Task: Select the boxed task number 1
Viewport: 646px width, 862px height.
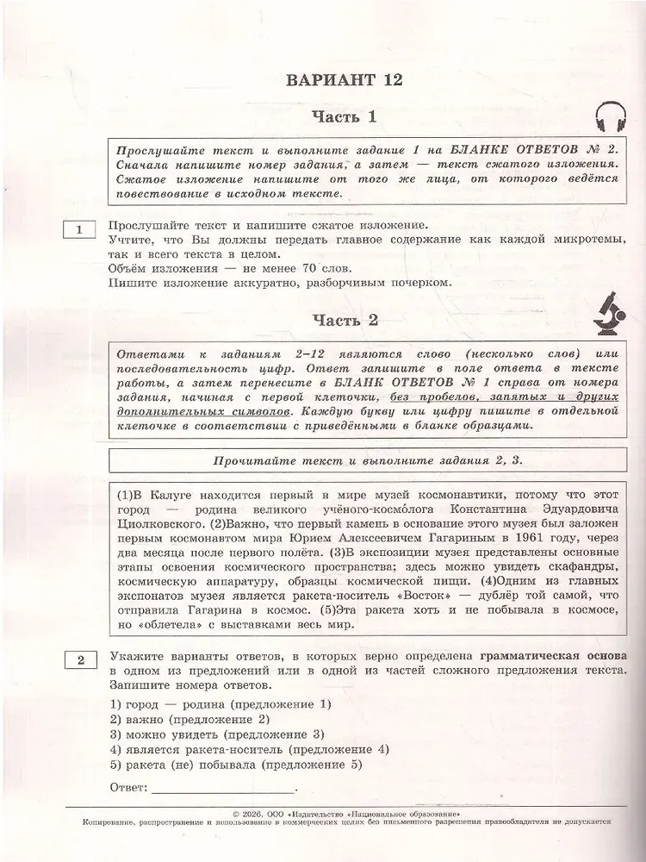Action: [x=79, y=229]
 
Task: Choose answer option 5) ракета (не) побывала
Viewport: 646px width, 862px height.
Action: [x=233, y=765]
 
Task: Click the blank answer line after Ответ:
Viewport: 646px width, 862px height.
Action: [x=221, y=788]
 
